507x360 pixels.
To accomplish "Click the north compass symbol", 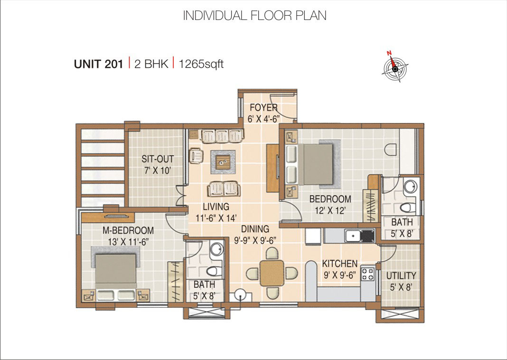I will click(395, 68).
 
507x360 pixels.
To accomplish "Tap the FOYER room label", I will click(263, 107).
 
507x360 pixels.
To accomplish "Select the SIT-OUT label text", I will click(158, 159).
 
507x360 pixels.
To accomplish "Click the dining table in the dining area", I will click(272, 273).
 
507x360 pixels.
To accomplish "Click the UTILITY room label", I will click(401, 276).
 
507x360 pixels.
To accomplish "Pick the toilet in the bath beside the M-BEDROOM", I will click(213, 271).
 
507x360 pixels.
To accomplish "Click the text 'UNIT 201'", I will click(98, 64).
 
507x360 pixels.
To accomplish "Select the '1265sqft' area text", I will click(201, 64).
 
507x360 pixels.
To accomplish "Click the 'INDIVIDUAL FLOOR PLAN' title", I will click(254, 15).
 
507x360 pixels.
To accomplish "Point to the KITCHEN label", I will click(339, 264).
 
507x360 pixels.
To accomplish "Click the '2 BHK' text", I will click(151, 64).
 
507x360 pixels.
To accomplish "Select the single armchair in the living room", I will click(195, 155).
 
